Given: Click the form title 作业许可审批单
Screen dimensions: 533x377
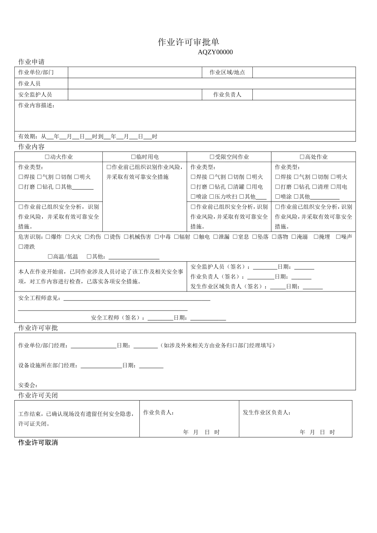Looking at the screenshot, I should (188, 42).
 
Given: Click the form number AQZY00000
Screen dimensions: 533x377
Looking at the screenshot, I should (215, 52).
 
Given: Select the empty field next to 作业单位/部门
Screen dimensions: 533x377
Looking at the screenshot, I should (135, 72).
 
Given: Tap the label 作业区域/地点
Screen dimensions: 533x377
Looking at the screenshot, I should (227, 72).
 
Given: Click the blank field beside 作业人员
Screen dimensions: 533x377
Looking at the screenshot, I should (212, 83).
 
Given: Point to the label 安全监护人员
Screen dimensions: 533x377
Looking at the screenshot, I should (35, 94).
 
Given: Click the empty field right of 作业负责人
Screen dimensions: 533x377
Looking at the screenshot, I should (304, 94).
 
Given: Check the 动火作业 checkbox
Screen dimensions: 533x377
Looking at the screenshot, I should (47, 157).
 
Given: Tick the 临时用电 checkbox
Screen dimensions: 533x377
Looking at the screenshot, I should (133, 157).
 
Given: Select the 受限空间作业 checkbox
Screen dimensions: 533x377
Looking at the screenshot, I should (212, 157).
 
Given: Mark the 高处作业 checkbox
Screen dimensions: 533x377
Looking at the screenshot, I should (302, 157).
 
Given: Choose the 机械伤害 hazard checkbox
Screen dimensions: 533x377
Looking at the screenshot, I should (126, 237).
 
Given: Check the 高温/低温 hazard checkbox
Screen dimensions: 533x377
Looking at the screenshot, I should (50, 257).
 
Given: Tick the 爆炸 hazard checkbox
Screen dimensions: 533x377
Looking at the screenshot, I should (48, 237).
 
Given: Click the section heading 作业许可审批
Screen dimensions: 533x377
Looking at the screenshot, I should (38, 328).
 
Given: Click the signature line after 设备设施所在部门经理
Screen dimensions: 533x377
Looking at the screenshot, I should (101, 366).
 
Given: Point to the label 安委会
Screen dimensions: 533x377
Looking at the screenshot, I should (28, 385).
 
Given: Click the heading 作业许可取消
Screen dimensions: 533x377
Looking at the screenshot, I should (38, 442).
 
